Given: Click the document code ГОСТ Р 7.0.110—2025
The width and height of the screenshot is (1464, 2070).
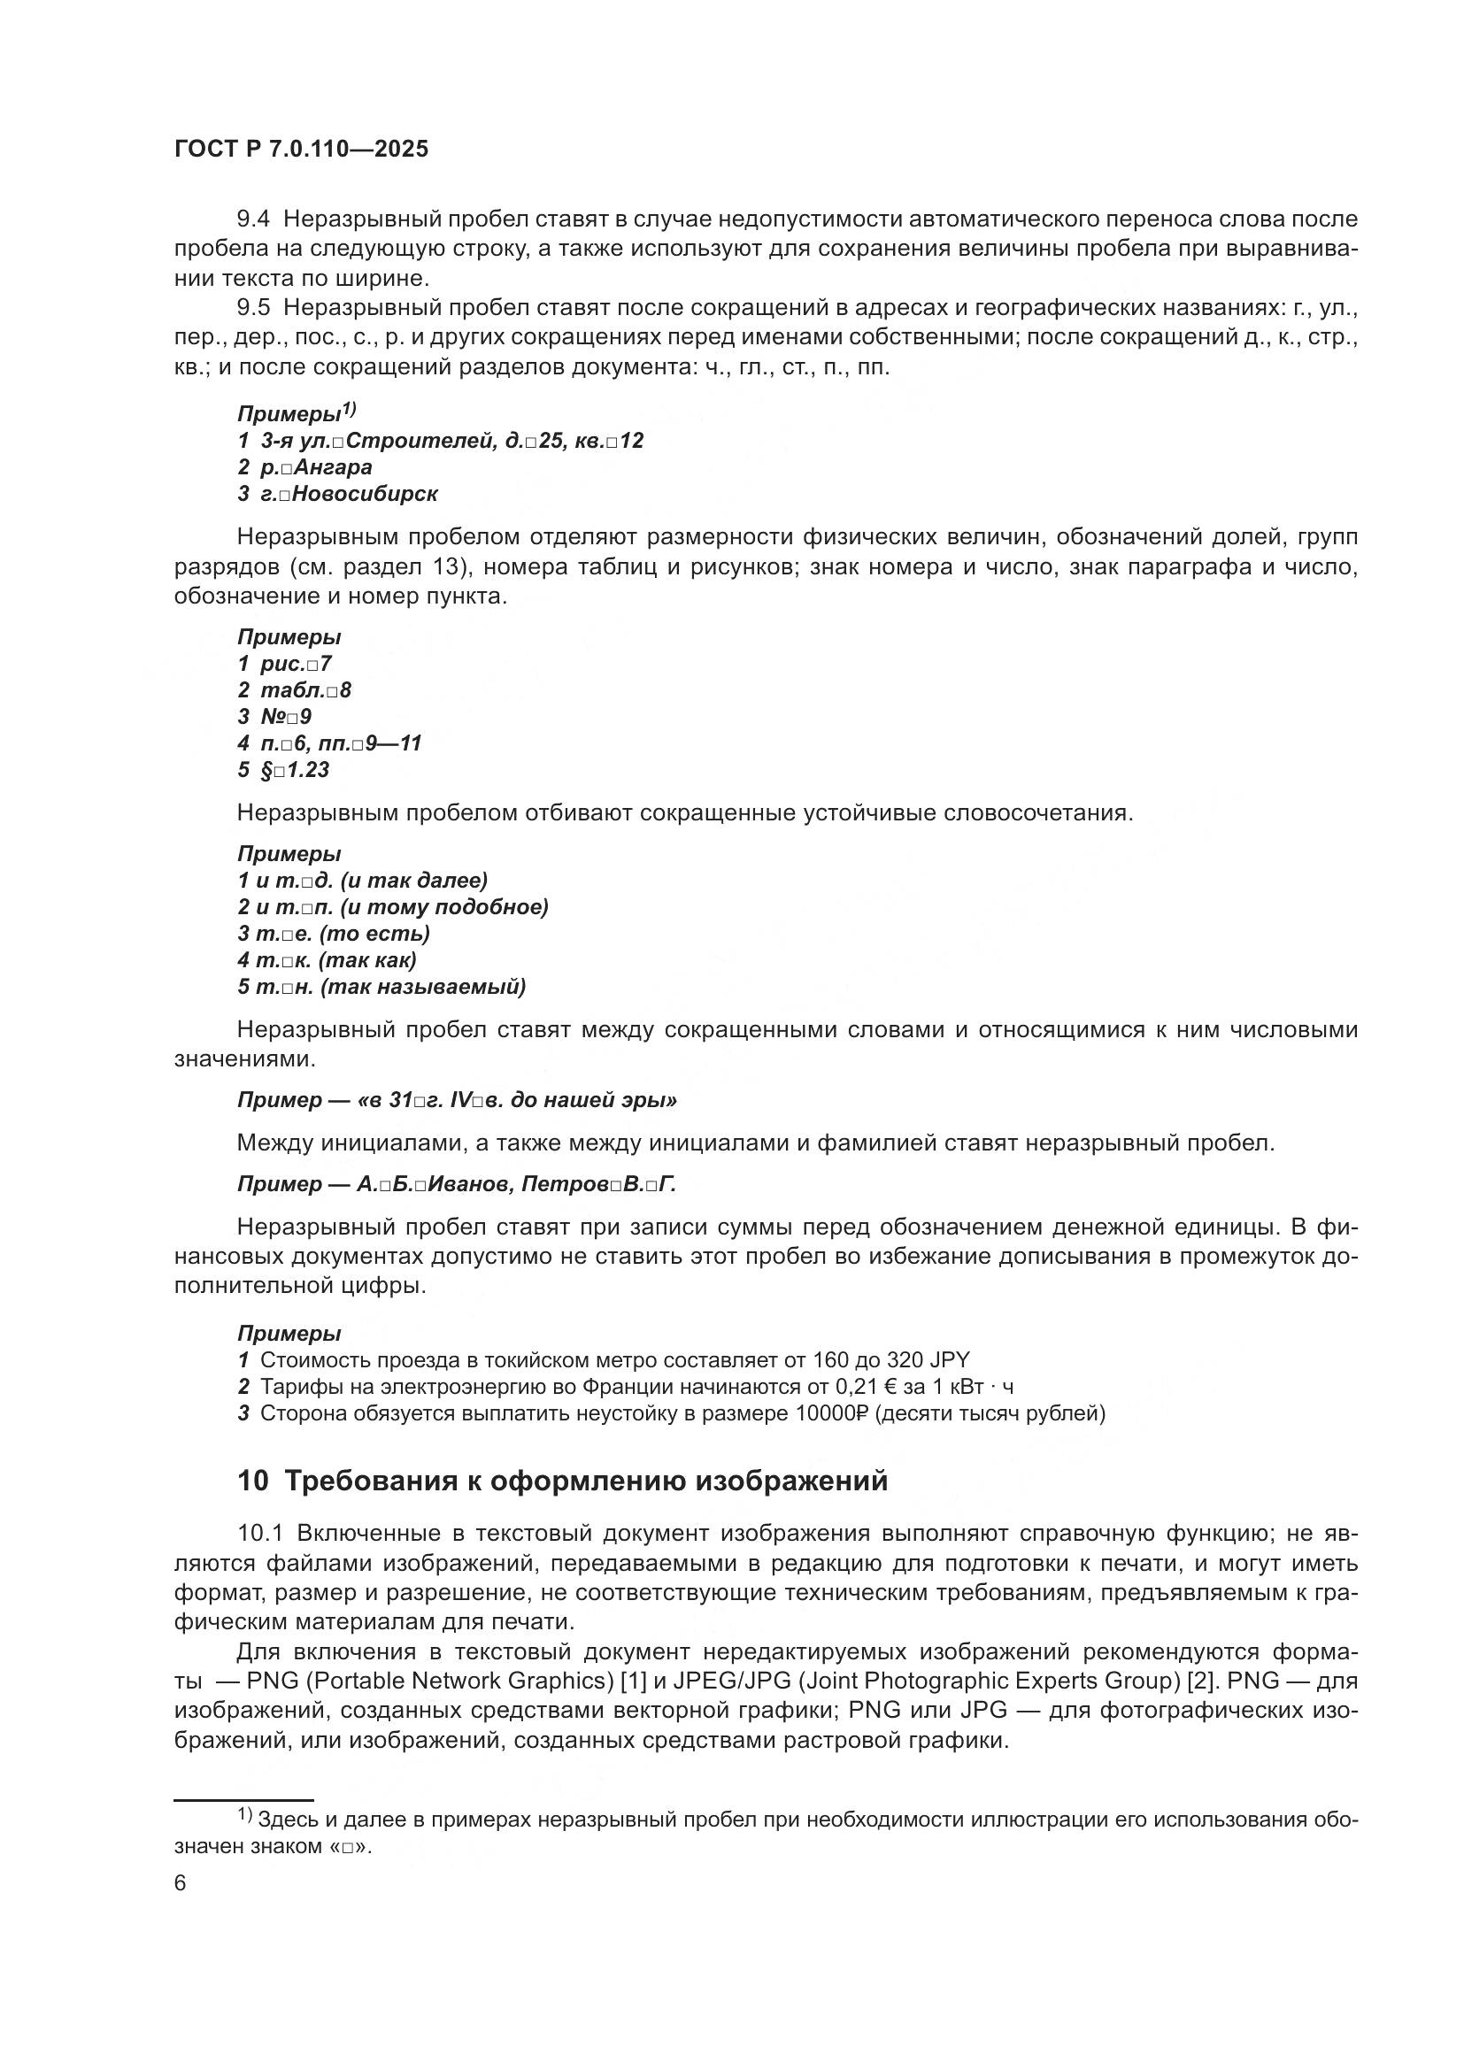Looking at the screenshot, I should [x=301, y=150].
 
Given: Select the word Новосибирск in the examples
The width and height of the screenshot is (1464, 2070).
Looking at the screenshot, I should [x=366, y=494].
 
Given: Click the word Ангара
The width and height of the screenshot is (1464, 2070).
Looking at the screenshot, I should [x=333, y=467].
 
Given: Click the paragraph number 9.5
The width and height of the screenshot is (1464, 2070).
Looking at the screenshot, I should [x=253, y=308].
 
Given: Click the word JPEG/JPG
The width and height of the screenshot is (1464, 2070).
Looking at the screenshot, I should [x=731, y=1681].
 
